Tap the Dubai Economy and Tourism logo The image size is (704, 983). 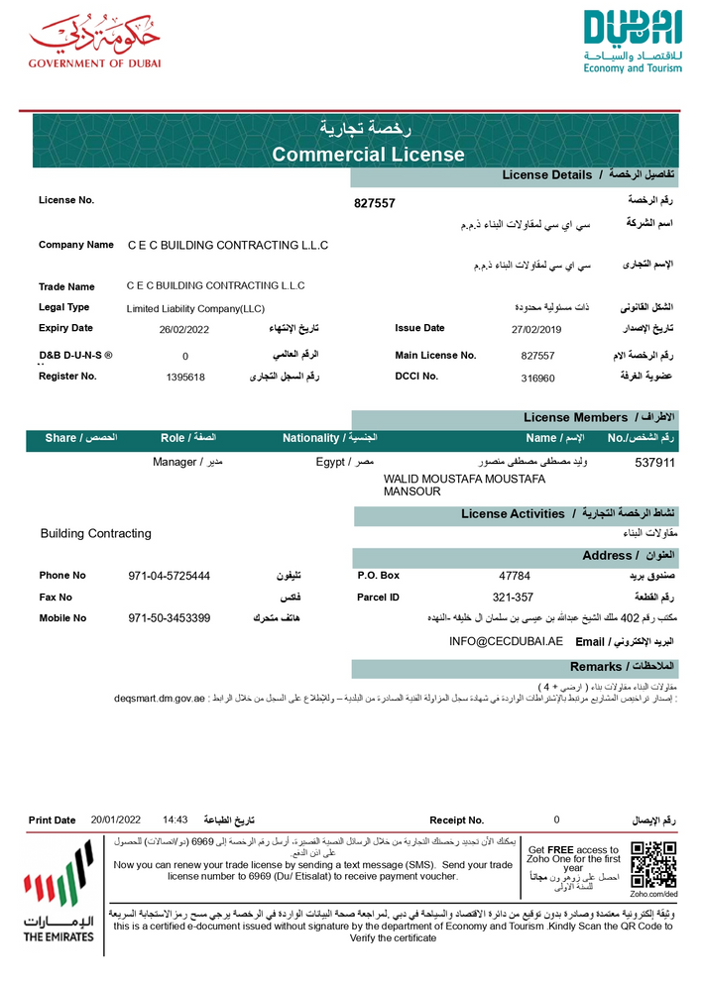tap(633, 42)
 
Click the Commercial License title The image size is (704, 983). tap(368, 154)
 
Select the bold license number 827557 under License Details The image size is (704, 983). tap(375, 203)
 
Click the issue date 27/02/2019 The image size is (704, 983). tap(536, 329)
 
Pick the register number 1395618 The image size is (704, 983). tap(185, 378)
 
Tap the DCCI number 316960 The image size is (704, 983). tap(537, 378)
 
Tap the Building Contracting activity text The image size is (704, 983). tap(96, 533)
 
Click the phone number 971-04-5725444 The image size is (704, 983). tap(170, 576)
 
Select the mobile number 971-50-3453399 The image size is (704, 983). tap(170, 618)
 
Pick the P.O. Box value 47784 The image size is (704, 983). tap(515, 576)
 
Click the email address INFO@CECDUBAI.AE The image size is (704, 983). tap(506, 641)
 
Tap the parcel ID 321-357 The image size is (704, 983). tap(514, 598)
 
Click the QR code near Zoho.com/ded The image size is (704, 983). tap(653, 864)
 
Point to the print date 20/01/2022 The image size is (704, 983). tap(116, 820)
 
